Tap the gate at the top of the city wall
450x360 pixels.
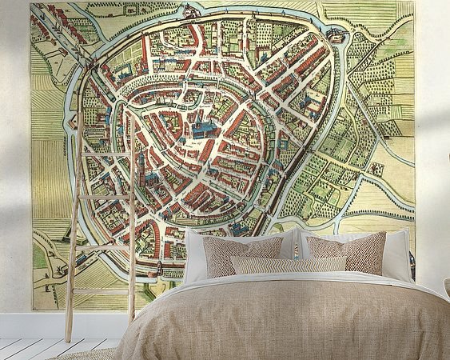click(x=190, y=11)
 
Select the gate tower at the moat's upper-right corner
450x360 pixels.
click(x=337, y=36)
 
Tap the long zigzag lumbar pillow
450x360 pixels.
click(x=289, y=265)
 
